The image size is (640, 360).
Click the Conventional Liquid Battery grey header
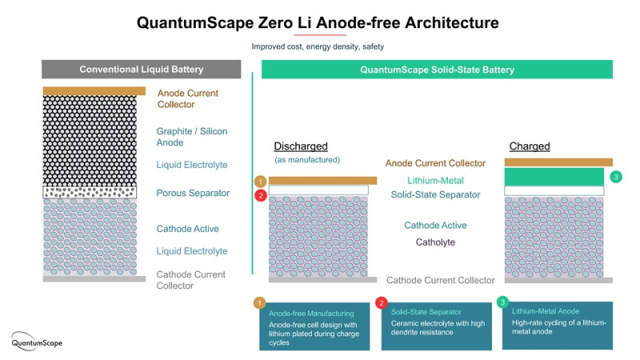point(142,70)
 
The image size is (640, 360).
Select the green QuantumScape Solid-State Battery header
point(437,70)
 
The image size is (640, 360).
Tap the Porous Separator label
point(194,193)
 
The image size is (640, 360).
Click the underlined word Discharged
point(301,146)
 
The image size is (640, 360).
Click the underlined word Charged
point(530,146)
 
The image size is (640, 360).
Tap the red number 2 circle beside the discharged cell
point(260,194)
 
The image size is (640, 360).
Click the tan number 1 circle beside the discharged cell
point(260,182)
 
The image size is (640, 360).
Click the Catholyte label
point(435,242)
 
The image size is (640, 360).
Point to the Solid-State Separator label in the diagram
point(435,194)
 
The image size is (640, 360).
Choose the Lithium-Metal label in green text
point(435,181)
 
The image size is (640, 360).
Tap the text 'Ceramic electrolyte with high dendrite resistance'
point(435,327)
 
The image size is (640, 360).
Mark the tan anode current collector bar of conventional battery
point(94,91)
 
